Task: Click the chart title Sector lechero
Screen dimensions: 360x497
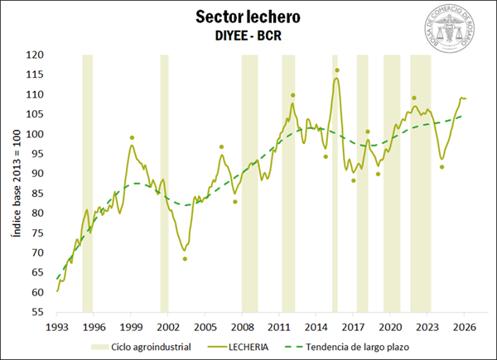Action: (x=248, y=17)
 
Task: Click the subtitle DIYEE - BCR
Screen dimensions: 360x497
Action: (x=248, y=36)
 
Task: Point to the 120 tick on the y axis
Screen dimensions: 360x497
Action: (x=34, y=55)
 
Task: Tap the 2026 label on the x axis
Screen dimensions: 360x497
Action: (x=463, y=325)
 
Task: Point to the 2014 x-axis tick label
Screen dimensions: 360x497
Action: (x=316, y=325)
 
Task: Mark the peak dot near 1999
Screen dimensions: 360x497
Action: (x=132, y=138)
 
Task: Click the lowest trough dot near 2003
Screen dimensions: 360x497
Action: (x=185, y=259)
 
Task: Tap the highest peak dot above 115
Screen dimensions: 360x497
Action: (x=336, y=70)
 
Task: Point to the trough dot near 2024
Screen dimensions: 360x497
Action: (x=442, y=167)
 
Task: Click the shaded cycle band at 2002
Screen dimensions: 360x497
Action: (x=164, y=182)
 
